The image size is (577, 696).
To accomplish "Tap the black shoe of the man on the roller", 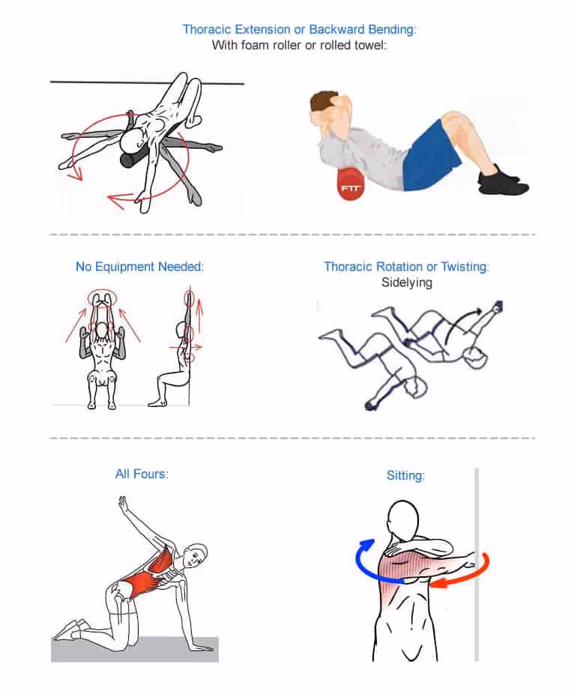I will (x=504, y=181).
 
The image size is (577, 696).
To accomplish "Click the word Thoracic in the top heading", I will (x=205, y=30).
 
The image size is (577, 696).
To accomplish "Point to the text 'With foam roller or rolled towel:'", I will (x=299, y=46).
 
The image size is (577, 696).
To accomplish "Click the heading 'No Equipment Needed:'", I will (x=139, y=266).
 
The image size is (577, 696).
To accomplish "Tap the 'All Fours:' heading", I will (x=142, y=473).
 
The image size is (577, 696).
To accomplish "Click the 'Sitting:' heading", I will (x=405, y=474).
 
